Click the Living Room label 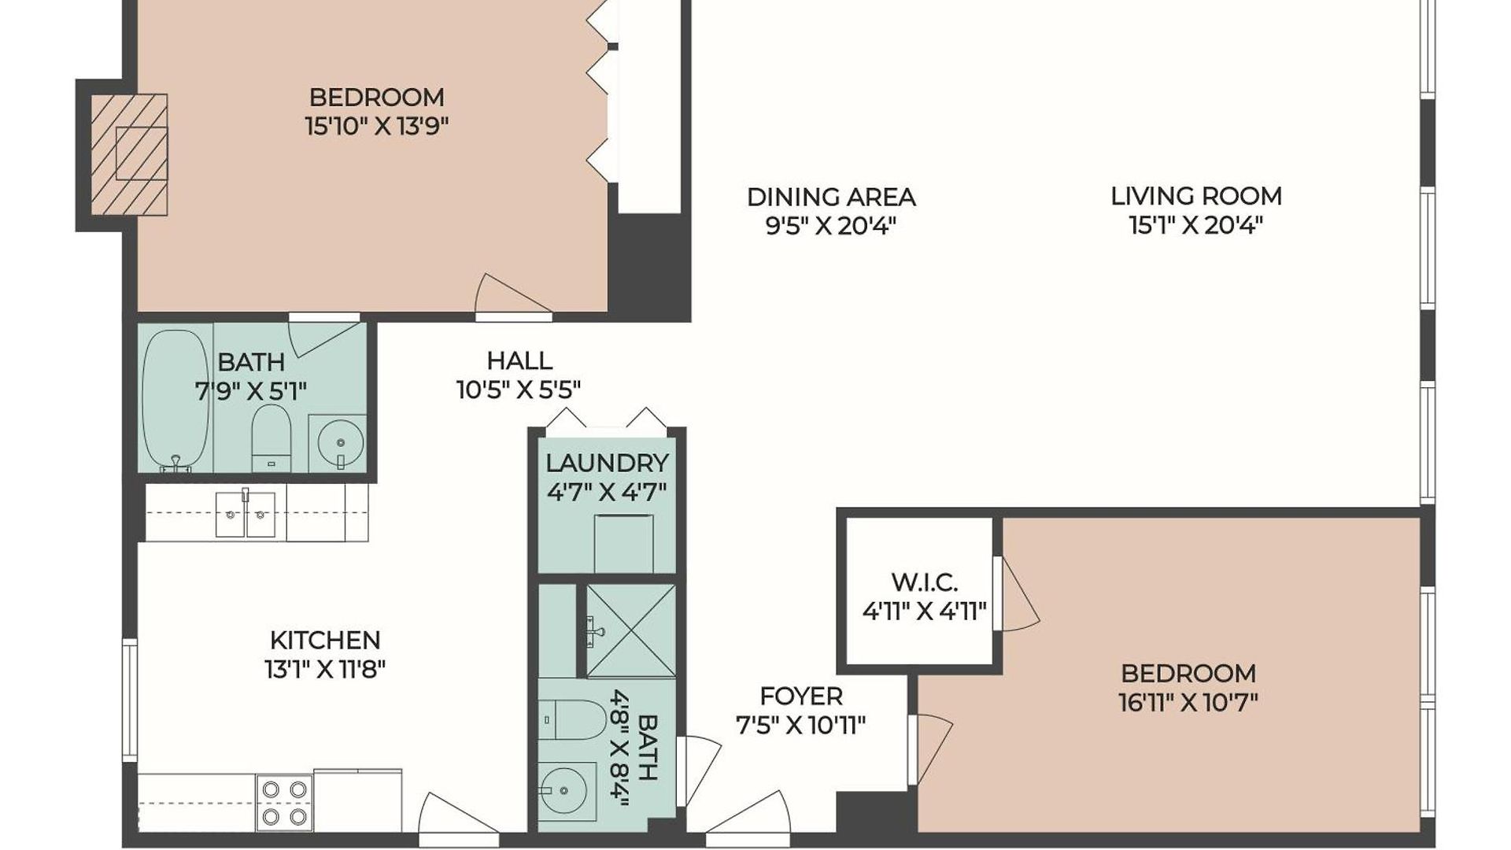click(x=1196, y=196)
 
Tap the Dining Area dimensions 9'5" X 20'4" click(x=831, y=227)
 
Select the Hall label click(x=519, y=360)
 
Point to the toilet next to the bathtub click(x=272, y=438)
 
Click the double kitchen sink click(x=246, y=513)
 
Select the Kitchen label click(x=325, y=640)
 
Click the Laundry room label click(x=608, y=463)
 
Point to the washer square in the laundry click(x=623, y=543)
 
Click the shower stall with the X click(x=630, y=630)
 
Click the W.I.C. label click(x=924, y=582)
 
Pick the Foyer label click(x=801, y=696)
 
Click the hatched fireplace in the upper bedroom click(x=129, y=154)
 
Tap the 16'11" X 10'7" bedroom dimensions click(x=1188, y=702)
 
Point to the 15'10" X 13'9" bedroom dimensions click(x=377, y=126)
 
